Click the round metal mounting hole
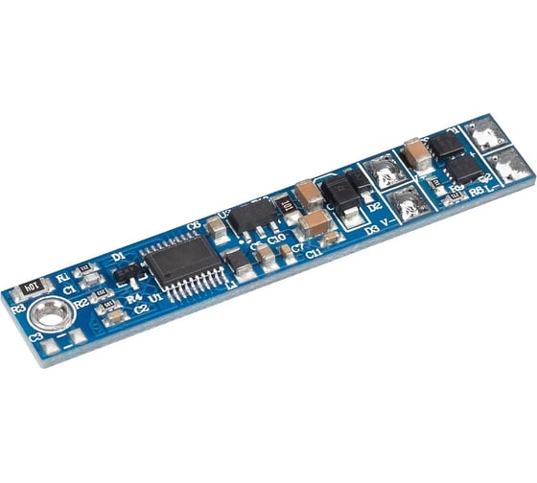coord(49,313)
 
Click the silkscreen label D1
coord(117,257)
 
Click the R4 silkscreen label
coord(134,298)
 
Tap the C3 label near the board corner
coord(35,337)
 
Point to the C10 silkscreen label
coord(276,237)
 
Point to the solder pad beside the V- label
coord(406,202)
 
